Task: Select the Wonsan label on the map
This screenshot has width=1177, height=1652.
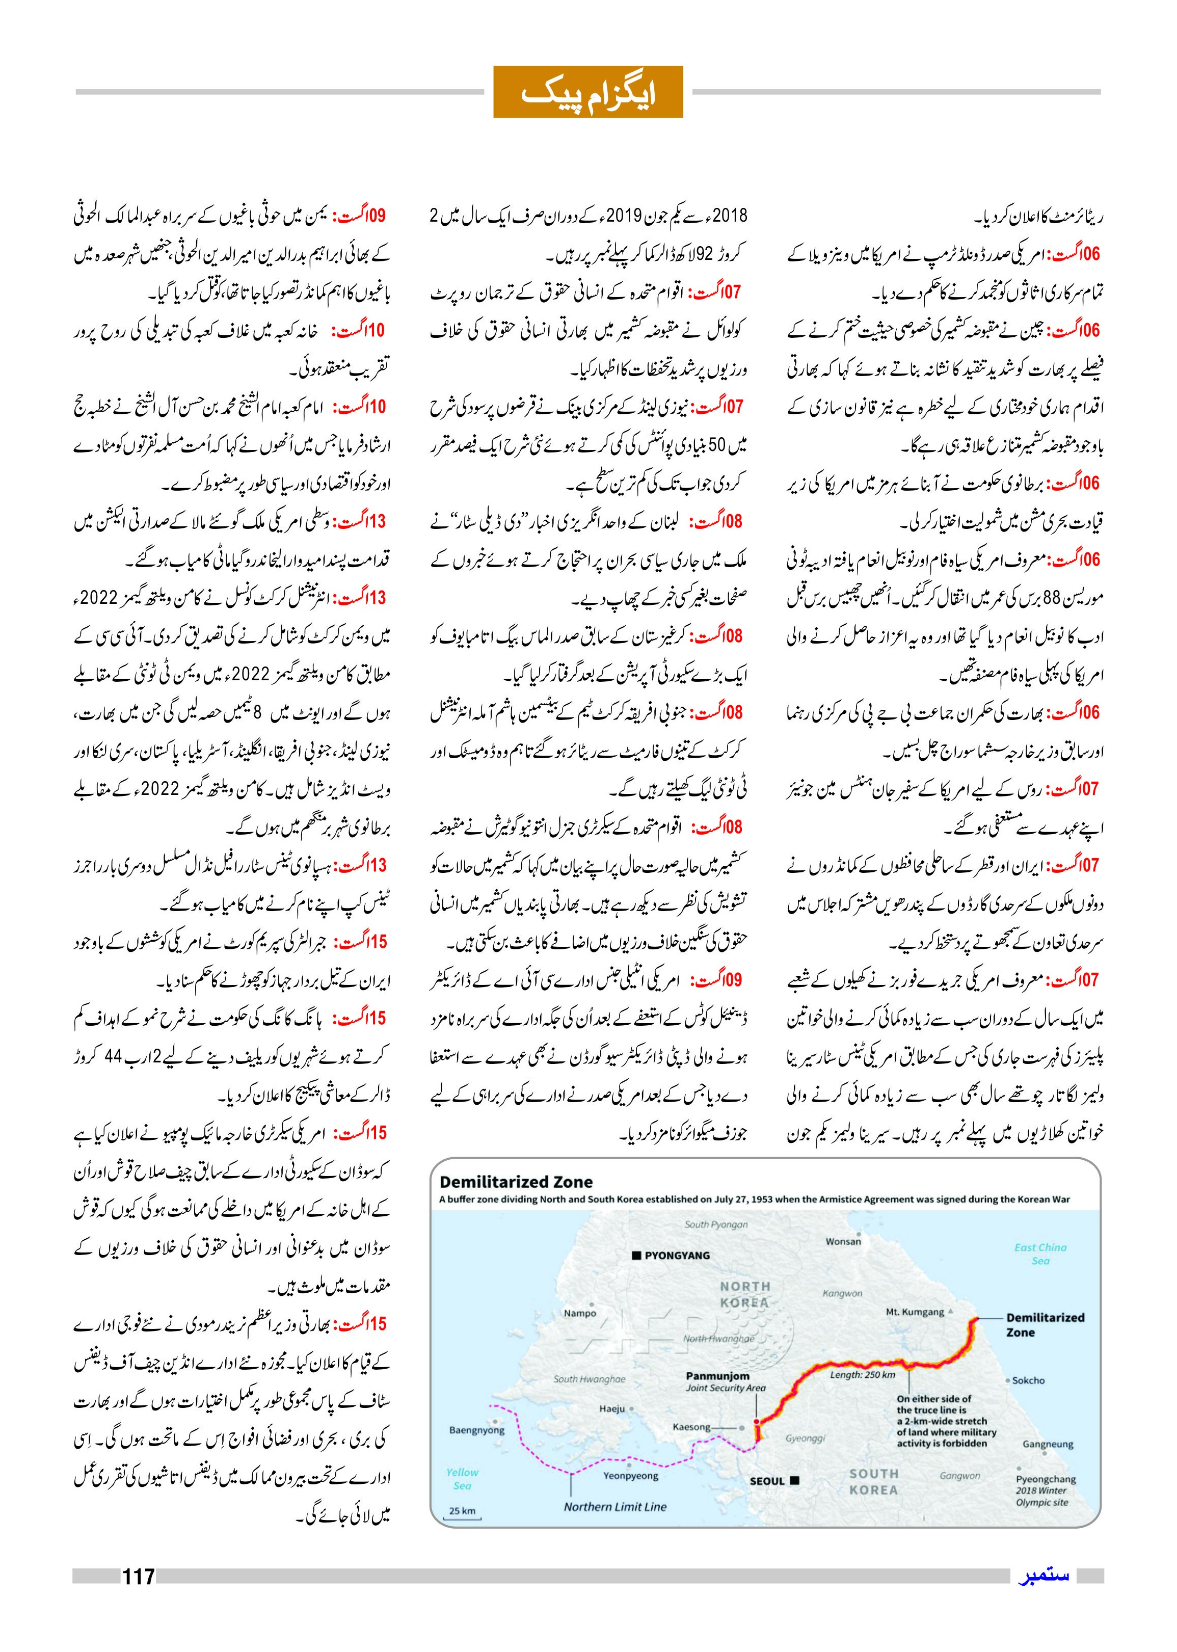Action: [843, 1241]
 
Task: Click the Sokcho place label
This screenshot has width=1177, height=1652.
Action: [1028, 1380]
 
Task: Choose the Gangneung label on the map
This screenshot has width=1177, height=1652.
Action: [1047, 1444]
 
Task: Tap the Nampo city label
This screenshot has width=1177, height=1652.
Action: [580, 1313]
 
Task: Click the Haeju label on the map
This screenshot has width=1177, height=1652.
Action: [612, 1408]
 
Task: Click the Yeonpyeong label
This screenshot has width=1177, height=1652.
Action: [631, 1475]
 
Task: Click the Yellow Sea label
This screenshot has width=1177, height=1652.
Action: [463, 1479]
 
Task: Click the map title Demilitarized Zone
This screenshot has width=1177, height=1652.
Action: [516, 1182]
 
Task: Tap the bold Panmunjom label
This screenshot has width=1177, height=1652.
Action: [717, 1376]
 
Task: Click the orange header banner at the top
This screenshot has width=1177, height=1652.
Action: [588, 91]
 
